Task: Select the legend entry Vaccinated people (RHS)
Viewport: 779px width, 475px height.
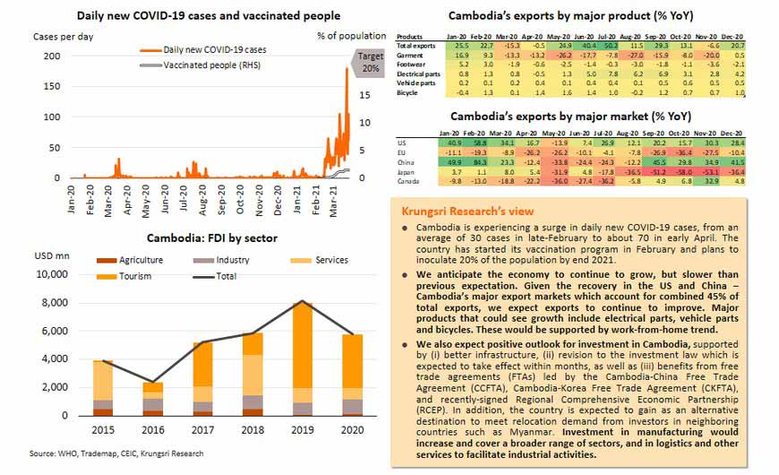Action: pyautogui.click(x=202, y=66)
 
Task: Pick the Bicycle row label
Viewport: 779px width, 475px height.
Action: pyautogui.click(x=407, y=92)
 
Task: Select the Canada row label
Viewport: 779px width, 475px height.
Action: pyautogui.click(x=410, y=180)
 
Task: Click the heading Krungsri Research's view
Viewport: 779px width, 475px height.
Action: pyautogui.click(x=468, y=211)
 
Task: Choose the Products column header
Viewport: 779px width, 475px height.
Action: pyautogui.click(x=411, y=35)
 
